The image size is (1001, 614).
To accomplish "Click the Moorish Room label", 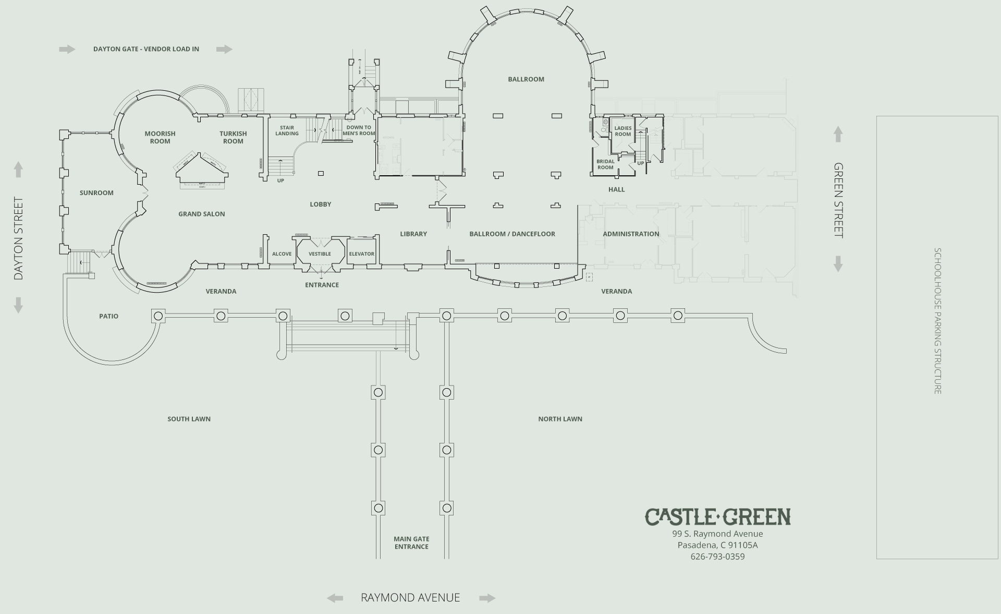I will tap(160, 137).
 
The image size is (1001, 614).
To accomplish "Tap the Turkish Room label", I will tap(233, 137).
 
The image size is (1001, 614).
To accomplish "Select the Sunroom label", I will tap(96, 193).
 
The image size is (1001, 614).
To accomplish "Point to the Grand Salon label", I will tap(202, 214).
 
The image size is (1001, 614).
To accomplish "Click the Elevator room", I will tap(361, 254).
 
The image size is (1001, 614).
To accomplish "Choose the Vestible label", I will tap(320, 254).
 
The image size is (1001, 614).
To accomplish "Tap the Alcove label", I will tap(282, 254).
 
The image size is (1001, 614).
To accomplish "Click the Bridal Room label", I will tap(605, 164).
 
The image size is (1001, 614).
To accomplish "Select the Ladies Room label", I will tap(622, 131).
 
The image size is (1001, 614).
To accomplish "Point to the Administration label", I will tap(631, 234).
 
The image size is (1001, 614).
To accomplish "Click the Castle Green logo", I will tap(717, 517).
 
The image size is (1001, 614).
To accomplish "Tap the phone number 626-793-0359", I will tap(717, 557).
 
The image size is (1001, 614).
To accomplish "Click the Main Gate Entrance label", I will tap(411, 543).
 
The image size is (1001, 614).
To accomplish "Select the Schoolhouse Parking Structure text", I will tap(937, 321).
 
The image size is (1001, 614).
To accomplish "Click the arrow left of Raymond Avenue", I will tap(335, 598).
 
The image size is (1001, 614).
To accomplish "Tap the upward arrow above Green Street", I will tap(838, 134).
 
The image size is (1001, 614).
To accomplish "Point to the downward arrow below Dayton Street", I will tap(18, 305).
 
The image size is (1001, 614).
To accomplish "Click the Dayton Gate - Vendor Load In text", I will tap(146, 49).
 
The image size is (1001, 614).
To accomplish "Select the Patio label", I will tap(108, 316).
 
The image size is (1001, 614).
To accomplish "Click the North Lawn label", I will tap(560, 419).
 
